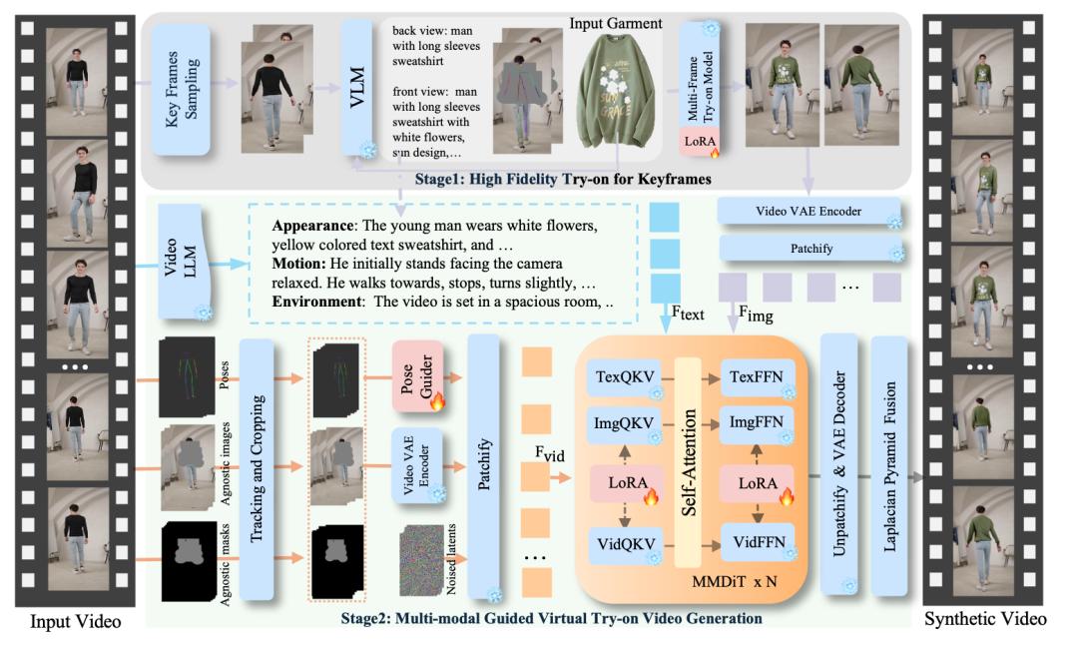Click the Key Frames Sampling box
point(181,89)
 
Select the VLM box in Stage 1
point(356,87)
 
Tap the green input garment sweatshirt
point(614,89)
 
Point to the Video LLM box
point(180,261)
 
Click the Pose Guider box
point(417,376)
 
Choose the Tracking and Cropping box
point(257,469)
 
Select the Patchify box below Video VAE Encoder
point(811,249)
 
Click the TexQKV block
point(624,376)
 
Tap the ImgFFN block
point(757,422)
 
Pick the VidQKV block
point(625,544)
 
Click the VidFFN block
point(758,542)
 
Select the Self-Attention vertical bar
point(688,462)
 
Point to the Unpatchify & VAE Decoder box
point(839,464)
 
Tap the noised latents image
point(422,560)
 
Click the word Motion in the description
point(297,264)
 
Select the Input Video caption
point(76,622)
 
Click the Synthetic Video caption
point(985,619)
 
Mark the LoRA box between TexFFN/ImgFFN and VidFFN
point(757,483)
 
